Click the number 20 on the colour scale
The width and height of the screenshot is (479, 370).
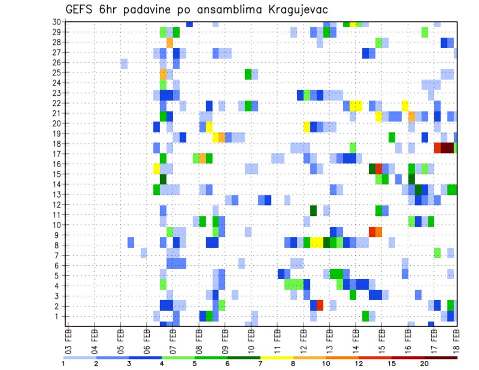425,364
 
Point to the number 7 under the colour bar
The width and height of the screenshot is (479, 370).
260,364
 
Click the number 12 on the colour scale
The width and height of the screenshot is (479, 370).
359,364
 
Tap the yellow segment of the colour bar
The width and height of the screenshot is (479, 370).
277,357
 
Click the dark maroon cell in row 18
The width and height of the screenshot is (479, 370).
447,148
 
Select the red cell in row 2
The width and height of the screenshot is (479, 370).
320,305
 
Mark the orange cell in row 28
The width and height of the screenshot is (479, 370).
170,42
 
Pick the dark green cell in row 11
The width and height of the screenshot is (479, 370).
313,211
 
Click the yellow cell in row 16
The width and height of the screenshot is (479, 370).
157,169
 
